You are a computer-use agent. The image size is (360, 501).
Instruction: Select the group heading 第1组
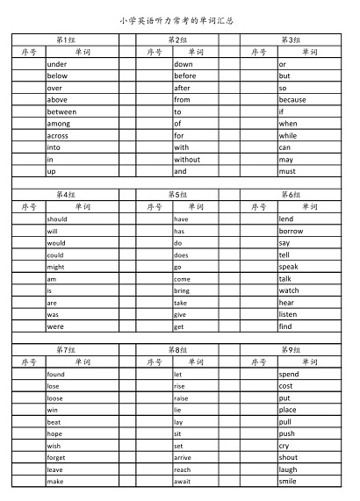(x=65, y=39)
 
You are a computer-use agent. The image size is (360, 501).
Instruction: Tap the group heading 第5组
(x=177, y=195)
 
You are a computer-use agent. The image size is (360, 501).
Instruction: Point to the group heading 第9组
(x=290, y=349)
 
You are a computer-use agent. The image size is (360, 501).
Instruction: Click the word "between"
(x=61, y=111)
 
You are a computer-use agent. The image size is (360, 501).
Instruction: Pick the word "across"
(x=57, y=136)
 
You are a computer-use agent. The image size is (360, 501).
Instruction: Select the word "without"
(x=187, y=160)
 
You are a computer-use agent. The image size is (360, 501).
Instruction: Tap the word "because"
(x=292, y=100)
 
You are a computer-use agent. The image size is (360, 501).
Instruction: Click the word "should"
(x=57, y=218)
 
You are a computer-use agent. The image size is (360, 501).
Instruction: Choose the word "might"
(x=55, y=267)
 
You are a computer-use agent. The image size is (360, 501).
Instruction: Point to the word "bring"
(x=181, y=290)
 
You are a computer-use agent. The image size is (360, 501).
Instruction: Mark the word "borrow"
(x=291, y=231)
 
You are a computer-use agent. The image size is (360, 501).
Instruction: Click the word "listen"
(x=288, y=314)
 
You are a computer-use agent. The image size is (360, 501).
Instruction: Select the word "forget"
(x=56, y=457)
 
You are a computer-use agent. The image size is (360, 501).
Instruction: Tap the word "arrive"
(x=183, y=457)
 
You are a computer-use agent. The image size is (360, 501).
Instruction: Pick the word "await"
(x=182, y=482)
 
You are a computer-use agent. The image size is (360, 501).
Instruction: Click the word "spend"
(x=289, y=374)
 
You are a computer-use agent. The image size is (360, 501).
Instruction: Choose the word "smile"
(x=288, y=482)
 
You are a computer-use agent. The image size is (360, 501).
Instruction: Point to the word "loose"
(x=54, y=397)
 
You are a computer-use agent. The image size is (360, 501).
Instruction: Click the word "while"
(x=288, y=136)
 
